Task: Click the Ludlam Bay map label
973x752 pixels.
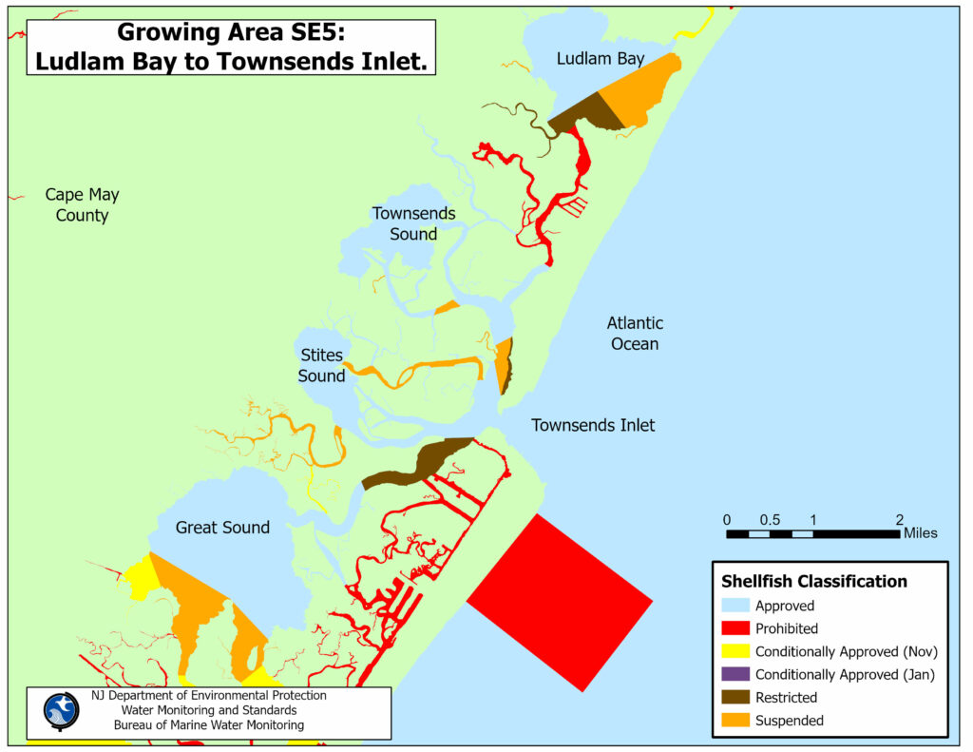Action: (601, 59)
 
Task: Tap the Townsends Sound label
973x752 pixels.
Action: (413, 223)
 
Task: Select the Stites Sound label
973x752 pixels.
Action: (322, 366)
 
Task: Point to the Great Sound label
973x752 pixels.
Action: (222, 528)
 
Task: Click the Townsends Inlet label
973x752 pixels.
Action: (593, 425)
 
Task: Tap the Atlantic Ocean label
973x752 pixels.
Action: (635, 334)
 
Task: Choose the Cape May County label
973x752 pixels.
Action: (83, 205)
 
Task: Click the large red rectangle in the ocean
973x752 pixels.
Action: (560, 602)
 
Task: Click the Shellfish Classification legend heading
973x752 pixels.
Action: (814, 581)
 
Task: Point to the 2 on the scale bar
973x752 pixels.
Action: (899, 519)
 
